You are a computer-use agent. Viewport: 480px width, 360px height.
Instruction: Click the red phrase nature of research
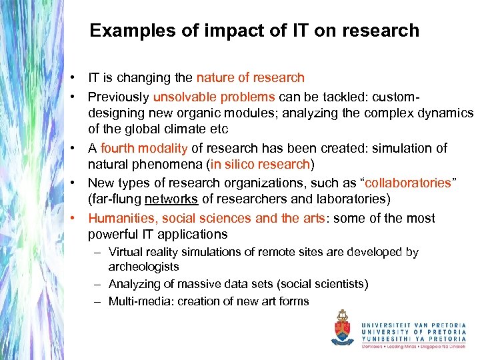(250, 78)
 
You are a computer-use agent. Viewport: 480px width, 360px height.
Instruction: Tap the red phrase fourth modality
(141, 148)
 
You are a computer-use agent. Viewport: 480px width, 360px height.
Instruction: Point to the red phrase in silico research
(261, 165)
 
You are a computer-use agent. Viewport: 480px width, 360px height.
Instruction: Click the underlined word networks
(171, 199)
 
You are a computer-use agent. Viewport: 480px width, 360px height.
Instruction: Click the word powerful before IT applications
(114, 235)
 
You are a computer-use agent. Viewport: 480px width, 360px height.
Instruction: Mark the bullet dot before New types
(77, 183)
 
